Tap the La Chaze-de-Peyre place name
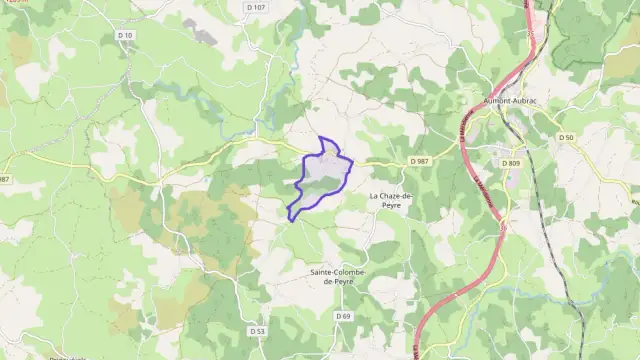(x=390, y=200)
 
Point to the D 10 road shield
(x=125, y=35)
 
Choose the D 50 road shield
(x=567, y=137)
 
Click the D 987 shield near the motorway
(x=419, y=161)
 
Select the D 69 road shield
(x=344, y=316)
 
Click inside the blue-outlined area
(x=323, y=176)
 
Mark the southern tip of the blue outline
(x=290, y=218)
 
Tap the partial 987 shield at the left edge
(x=4, y=179)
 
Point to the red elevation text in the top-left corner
(x=16, y=3)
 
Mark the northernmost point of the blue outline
(x=321, y=138)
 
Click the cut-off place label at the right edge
(x=635, y=200)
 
